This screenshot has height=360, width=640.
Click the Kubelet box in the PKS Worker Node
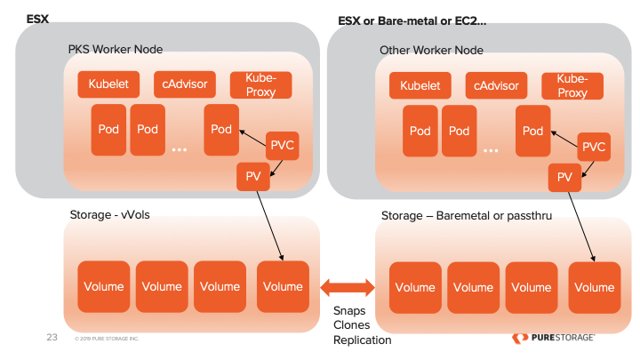[x=108, y=84]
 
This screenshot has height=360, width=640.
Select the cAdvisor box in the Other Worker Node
[x=496, y=86]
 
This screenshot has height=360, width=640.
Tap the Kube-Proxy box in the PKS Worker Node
[x=260, y=84]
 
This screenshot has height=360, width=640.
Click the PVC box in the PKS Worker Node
[x=282, y=146]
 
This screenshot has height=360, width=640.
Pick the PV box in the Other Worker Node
[x=564, y=178]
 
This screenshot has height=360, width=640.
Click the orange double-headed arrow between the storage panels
[x=348, y=287]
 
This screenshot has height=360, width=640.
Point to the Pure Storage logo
[x=554, y=338]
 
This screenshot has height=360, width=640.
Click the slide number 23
[x=52, y=338]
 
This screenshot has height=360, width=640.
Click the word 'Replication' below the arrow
[x=362, y=340]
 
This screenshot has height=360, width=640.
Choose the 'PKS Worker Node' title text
[x=116, y=48]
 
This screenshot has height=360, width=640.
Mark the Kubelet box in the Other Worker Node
[x=420, y=86]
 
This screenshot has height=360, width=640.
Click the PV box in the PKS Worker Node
[x=252, y=177]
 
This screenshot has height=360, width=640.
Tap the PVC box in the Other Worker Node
[x=593, y=146]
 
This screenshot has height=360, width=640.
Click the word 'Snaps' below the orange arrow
[x=350, y=310]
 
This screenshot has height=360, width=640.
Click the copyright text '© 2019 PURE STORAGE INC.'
[x=108, y=340]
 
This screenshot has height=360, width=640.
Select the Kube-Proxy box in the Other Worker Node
[x=572, y=86]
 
